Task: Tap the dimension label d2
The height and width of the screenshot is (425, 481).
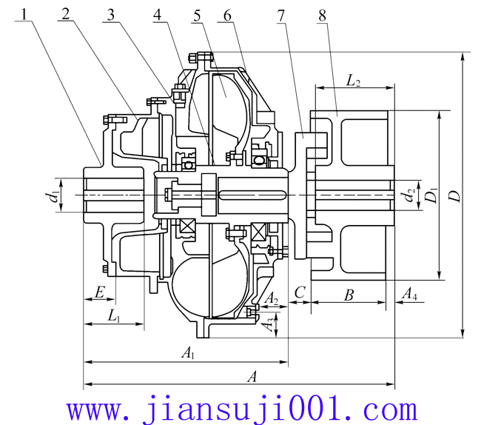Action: coord(408,196)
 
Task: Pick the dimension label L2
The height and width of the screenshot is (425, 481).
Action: coord(353,79)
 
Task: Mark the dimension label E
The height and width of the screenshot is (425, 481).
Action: coord(98,293)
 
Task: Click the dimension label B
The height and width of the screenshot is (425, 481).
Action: coord(349,295)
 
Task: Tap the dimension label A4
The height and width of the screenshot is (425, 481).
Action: coord(408,295)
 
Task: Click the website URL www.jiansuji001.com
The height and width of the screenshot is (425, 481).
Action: coord(240,408)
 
